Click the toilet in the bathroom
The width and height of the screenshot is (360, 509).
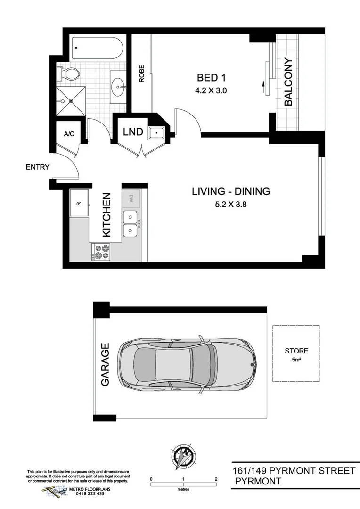pos(71,74)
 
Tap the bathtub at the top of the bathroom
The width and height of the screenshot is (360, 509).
pos(97,49)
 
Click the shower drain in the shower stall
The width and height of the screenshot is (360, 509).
pos(70,101)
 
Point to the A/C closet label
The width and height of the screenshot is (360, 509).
pos(69,134)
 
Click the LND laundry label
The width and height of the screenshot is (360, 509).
pos(132,132)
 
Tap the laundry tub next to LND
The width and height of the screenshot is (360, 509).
pos(155,132)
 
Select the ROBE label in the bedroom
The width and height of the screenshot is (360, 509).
pos(141,74)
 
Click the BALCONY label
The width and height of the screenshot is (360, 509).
pos(288,82)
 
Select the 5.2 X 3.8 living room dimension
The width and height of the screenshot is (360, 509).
pos(230,205)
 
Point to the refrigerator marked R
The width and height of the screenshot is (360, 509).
pos(79,204)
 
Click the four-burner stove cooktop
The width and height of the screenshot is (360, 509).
pos(101,252)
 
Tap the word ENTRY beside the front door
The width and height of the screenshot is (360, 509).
pos(37,167)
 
